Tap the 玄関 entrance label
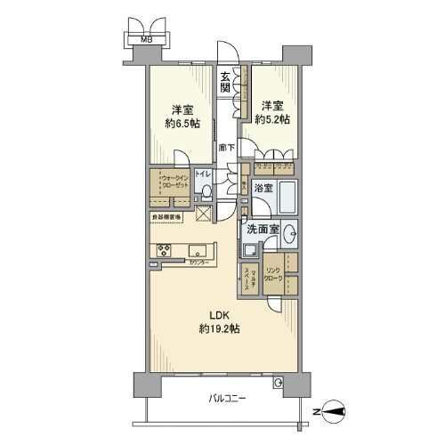pyautogui.click(x=226, y=84)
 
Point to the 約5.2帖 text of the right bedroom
pyautogui.click(x=271, y=118)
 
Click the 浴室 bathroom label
pyautogui.click(x=263, y=189)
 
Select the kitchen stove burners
pyautogui.click(x=165, y=249)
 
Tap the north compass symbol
pyautogui.click(x=336, y=411)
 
